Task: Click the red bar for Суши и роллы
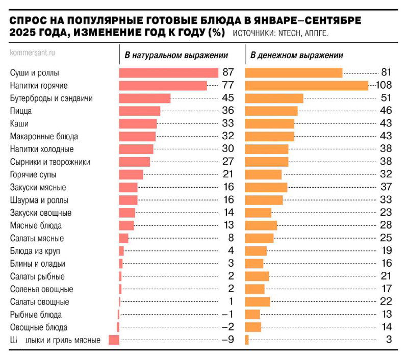click(168, 73)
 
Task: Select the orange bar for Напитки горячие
click(307, 86)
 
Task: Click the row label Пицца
click(21, 111)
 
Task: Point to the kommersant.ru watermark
click(33, 52)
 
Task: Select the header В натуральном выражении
click(176, 55)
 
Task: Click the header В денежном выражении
click(296, 55)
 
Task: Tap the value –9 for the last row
click(228, 340)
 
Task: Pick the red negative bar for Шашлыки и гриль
click(114, 340)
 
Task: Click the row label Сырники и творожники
click(50, 162)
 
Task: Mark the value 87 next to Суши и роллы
click(228, 73)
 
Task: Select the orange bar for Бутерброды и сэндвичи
click(274, 98)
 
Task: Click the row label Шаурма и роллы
click(39, 200)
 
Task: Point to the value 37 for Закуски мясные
click(386, 187)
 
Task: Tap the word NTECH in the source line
click(291, 34)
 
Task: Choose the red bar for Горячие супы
click(131, 174)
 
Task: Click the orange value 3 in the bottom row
click(389, 340)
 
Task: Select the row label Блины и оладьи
click(38, 264)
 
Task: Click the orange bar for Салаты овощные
click(258, 301)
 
